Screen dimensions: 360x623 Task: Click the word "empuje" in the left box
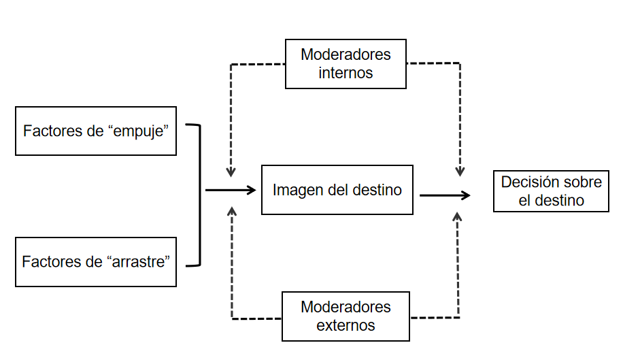click(x=140, y=131)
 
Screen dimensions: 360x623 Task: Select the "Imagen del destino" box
click(x=337, y=190)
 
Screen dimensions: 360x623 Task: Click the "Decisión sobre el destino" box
click(x=551, y=192)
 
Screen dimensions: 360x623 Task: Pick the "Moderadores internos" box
click(x=346, y=64)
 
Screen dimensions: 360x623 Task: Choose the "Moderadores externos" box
click(x=346, y=316)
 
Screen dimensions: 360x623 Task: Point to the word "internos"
click(x=346, y=73)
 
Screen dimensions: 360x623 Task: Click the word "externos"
click(x=346, y=325)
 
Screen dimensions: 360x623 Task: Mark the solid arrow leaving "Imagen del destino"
click(x=445, y=195)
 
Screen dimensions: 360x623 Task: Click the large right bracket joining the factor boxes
click(x=199, y=195)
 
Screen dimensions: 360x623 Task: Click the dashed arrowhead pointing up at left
click(x=232, y=212)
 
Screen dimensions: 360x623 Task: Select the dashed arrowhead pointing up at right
click(x=457, y=216)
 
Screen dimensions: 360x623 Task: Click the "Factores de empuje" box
click(x=96, y=131)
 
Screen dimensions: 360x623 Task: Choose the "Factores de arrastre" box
click(x=96, y=261)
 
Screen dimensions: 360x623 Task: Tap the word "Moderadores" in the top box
click(x=346, y=54)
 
